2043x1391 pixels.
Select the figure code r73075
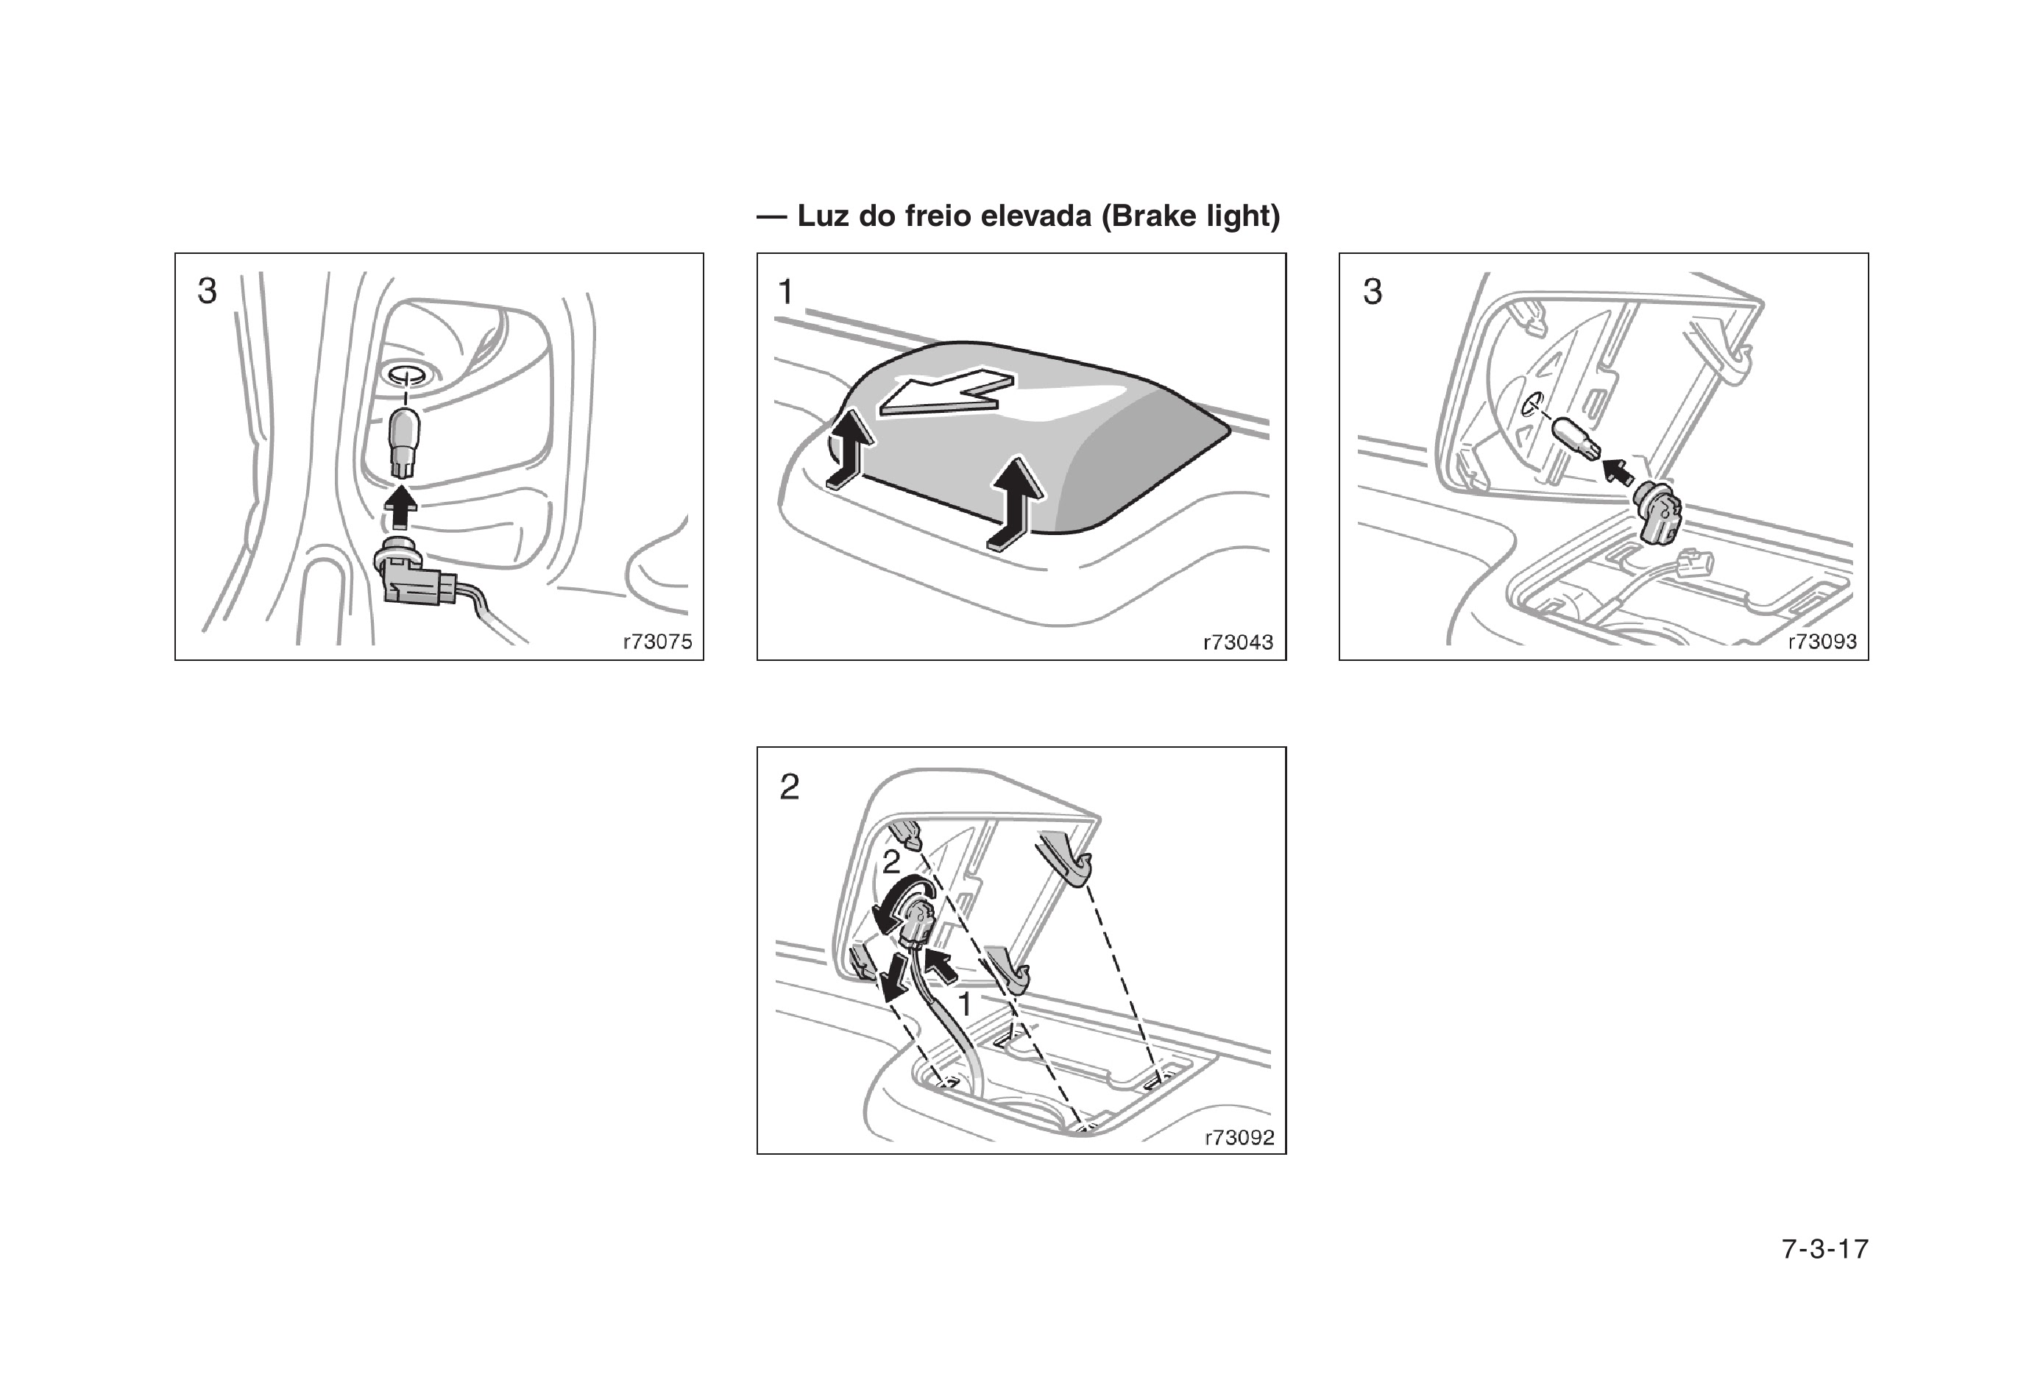pos(656,642)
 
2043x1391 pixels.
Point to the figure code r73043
pos(1238,643)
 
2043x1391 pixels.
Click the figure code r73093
pos(1821,642)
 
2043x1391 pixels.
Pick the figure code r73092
pos(1239,1138)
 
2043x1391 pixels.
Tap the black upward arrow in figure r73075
pos(402,509)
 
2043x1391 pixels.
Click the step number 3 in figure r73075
pos(207,291)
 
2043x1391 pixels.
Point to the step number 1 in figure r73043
pos(786,291)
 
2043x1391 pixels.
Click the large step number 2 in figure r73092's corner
pos(790,786)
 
